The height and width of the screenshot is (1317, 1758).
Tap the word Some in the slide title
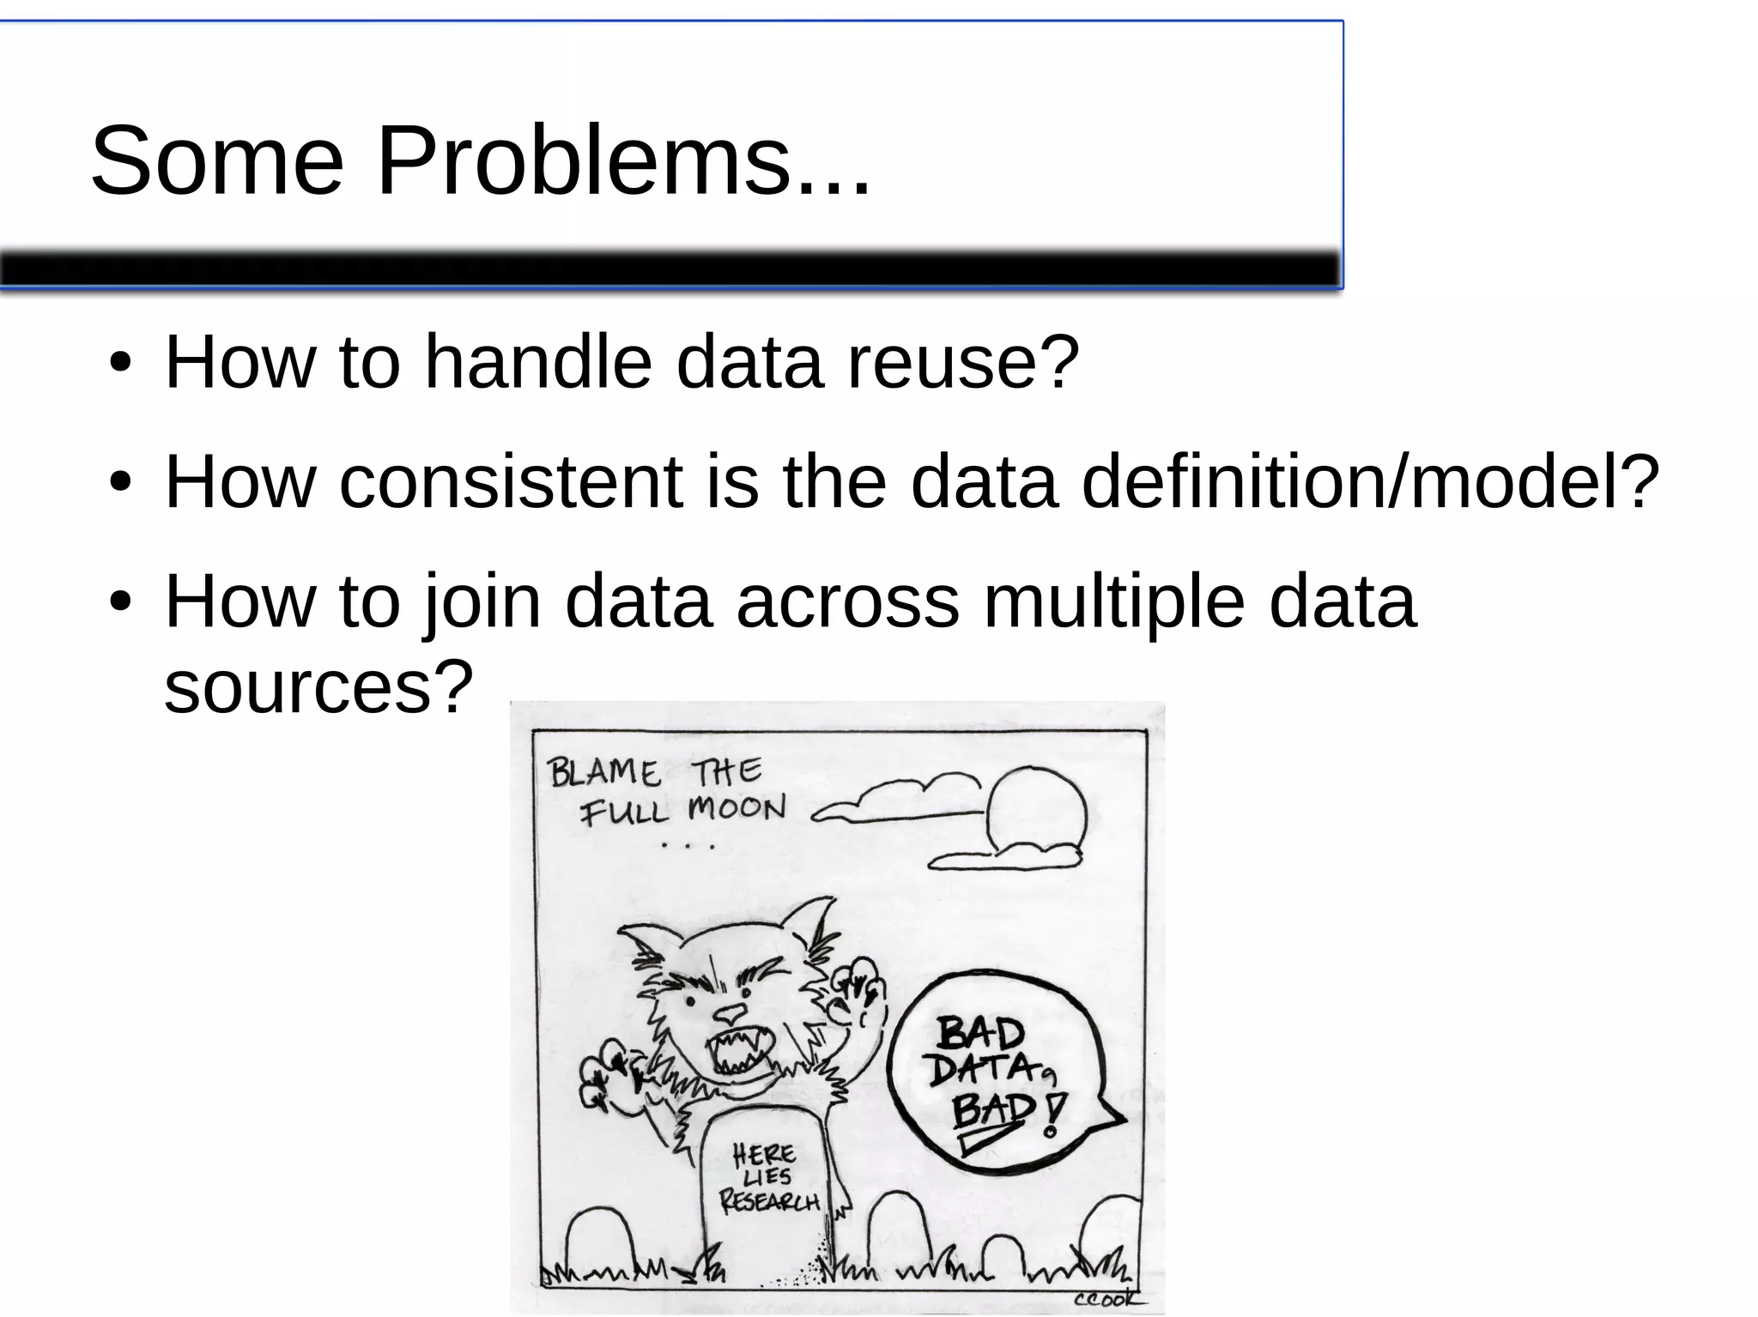217,160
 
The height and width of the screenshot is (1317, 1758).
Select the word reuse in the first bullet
962,363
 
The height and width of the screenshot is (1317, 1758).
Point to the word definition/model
1370,482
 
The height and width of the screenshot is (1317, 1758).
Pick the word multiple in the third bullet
1113,602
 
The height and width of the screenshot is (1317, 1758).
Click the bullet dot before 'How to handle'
120,364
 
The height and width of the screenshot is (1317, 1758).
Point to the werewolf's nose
730,1013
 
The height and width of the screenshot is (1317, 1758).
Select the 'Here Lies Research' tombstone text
767,1177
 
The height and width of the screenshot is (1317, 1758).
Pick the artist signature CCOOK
1107,1299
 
